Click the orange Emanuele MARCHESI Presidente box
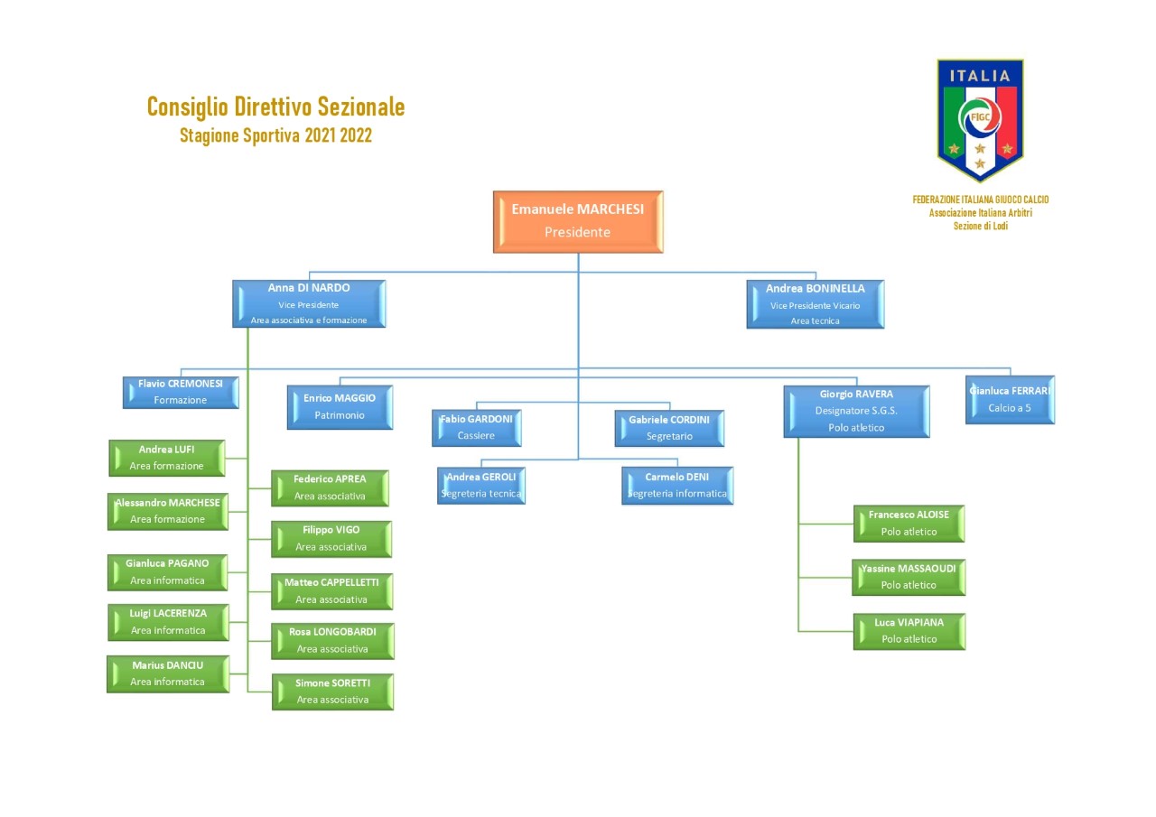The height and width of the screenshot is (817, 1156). point(578,222)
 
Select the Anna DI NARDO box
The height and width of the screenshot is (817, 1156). point(309,304)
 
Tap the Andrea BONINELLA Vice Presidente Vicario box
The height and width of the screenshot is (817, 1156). point(815,304)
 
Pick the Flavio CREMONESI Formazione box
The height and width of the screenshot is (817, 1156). point(181,393)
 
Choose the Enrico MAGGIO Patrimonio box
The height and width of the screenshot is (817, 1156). point(340,407)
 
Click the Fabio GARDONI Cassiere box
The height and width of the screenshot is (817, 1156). point(476,428)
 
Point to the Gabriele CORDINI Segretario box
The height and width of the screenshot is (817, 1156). point(669,428)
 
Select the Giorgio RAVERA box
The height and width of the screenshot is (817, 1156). point(856,411)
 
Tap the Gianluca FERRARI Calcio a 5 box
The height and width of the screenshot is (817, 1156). point(1010,400)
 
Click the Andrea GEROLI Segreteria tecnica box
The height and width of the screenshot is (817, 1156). point(481,486)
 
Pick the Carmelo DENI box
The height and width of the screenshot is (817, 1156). point(677,486)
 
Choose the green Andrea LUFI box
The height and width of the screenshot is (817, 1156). point(167,458)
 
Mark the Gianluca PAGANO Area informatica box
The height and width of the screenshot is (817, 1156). point(167,572)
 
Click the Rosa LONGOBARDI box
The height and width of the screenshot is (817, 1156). point(332,641)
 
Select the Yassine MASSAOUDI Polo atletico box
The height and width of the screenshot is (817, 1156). point(909,577)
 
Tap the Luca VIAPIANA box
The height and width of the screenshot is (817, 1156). point(909,631)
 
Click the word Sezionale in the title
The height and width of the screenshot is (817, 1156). point(360,107)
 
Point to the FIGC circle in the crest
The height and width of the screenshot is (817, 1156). point(980,118)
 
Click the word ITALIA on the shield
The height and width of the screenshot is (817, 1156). point(980,77)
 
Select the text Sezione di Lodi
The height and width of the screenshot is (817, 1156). point(980,226)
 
